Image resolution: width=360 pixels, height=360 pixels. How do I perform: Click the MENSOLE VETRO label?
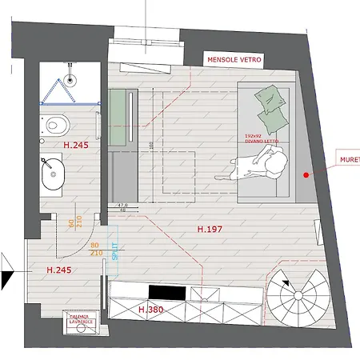click(x=234, y=60)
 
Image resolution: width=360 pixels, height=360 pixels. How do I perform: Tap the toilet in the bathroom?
click(x=57, y=125)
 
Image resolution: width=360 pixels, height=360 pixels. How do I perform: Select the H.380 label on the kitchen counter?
click(x=152, y=310)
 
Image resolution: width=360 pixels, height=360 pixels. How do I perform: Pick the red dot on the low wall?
click(x=306, y=174)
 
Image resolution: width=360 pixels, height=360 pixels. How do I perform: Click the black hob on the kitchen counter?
click(x=169, y=292)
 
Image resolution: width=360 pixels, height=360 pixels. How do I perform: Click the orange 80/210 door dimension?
click(x=97, y=249)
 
